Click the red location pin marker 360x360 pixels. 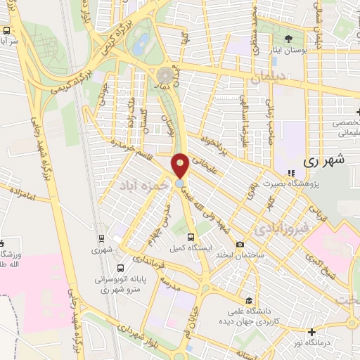[x=181, y=167]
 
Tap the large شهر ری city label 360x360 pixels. [x=325, y=160]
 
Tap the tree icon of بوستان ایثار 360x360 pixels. [x=288, y=39]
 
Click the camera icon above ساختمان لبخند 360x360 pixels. [x=240, y=244]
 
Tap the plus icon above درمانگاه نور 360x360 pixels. [x=311, y=331]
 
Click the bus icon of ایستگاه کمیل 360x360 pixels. [x=193, y=236]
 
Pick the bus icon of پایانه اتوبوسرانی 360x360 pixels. [x=120, y=267]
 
